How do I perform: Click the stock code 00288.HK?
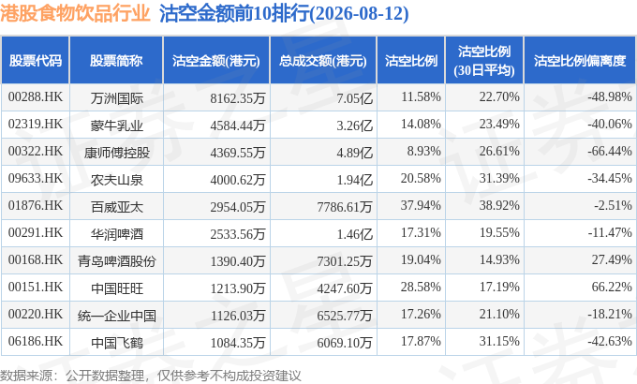36,96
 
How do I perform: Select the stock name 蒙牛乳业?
116,126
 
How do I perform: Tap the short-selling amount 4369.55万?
238,153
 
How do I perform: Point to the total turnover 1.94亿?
355,180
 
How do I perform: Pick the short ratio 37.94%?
421,206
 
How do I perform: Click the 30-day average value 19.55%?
499,233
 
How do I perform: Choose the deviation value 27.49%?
612,259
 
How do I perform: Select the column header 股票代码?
36,61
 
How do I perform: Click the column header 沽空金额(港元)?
216,61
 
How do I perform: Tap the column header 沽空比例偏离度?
580,61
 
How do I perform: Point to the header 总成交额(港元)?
323,61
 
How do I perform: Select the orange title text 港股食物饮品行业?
75,13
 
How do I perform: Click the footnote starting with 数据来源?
150,376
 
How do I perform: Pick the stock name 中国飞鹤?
116,343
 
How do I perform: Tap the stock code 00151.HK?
36,287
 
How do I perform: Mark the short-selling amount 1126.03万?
238,316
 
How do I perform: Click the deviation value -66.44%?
610,151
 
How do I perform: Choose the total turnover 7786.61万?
345,207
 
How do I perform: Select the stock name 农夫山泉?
116,180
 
